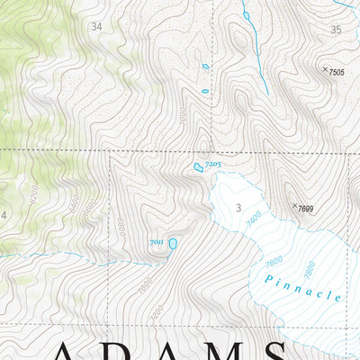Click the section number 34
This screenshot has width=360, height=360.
[x=96, y=27]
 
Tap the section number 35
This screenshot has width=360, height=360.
[x=337, y=30]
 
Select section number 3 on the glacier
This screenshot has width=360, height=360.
[x=238, y=209]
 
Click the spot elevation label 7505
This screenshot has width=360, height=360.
[x=337, y=72]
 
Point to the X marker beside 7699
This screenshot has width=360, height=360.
[x=294, y=206]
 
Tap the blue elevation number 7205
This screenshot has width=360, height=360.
[x=212, y=164]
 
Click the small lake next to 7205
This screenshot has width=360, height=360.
[x=197, y=167]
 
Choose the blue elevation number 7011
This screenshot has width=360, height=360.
[x=156, y=243]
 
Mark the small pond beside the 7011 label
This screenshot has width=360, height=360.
[x=172, y=243]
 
